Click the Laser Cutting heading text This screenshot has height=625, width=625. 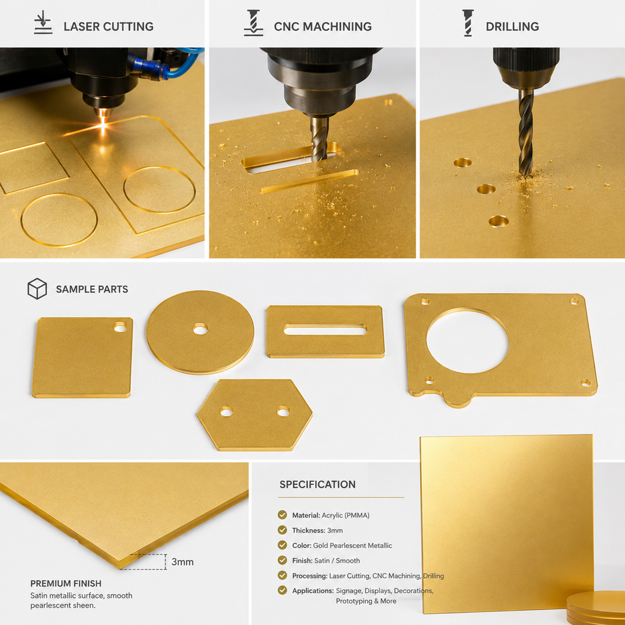click(x=109, y=26)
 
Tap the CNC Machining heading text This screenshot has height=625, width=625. click(x=322, y=26)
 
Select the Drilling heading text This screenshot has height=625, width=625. click(x=512, y=26)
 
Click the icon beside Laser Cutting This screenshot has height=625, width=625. click(x=43, y=23)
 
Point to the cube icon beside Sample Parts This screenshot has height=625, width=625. click(x=37, y=288)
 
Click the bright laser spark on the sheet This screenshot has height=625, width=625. click(x=104, y=125)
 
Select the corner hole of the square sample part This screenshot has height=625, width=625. click(x=120, y=327)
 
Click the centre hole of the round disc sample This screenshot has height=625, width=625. click(x=200, y=329)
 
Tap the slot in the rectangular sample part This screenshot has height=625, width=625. click(x=325, y=329)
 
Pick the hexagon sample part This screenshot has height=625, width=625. click(x=255, y=415)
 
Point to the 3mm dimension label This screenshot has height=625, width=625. click(x=182, y=562)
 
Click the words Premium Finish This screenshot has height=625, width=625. click(x=66, y=583)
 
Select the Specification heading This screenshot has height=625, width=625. click(x=317, y=484)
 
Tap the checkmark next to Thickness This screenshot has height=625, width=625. click(x=282, y=530)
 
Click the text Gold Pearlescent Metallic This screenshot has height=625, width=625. click(x=352, y=546)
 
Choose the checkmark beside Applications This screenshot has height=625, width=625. click(x=282, y=590)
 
